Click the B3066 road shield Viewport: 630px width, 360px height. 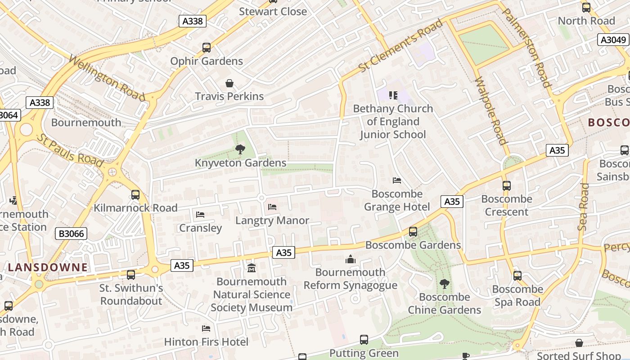[71, 234]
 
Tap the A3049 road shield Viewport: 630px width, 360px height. [613, 40]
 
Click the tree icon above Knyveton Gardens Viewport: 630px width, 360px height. [240, 149]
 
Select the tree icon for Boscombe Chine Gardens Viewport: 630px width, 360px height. [444, 283]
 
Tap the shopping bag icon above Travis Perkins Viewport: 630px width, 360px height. [229, 83]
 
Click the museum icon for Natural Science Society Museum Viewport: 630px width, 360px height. [252, 268]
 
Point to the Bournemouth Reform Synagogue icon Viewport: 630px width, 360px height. [350, 259]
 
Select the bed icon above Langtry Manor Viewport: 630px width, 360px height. [272, 207]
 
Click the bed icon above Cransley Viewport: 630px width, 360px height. [200, 215]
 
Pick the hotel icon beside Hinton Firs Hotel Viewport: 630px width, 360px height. [206, 328]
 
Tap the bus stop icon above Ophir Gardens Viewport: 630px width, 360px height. [207, 48]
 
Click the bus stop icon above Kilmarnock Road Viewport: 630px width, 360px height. [135, 195]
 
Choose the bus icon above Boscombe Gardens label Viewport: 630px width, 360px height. [413, 232]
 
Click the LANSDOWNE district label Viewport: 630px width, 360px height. [48, 267]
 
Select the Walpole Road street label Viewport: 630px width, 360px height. [491, 111]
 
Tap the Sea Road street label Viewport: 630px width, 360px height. [583, 207]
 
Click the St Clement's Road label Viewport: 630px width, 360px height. [400, 46]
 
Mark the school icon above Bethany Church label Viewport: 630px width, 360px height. [393, 95]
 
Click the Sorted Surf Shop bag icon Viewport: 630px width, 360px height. [579, 343]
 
